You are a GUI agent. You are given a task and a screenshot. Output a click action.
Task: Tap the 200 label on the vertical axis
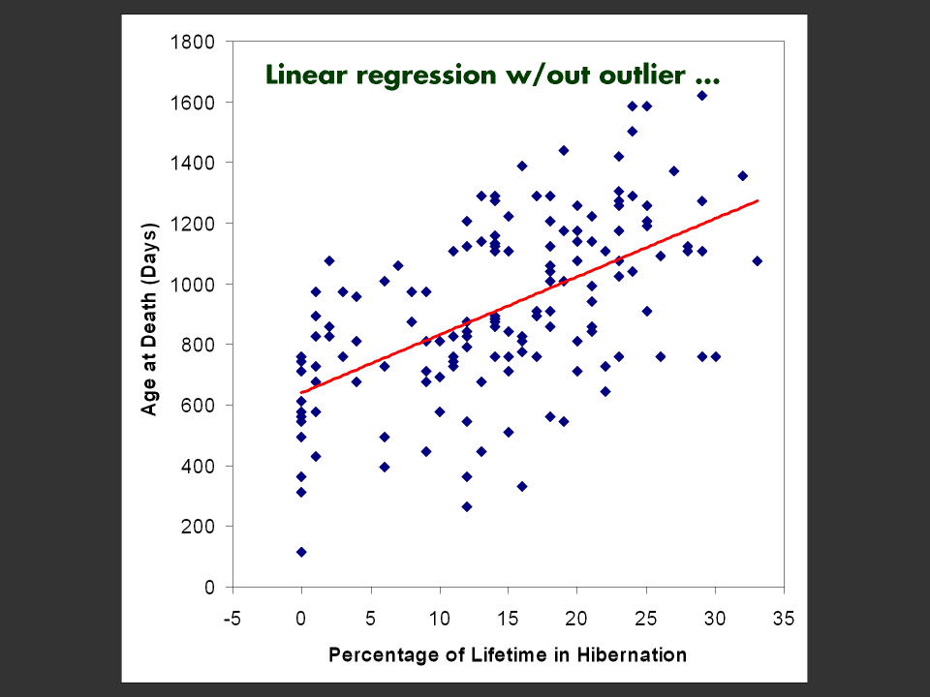pyautogui.click(x=203, y=527)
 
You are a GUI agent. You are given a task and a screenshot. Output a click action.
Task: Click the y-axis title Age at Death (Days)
pyautogui.click(x=150, y=315)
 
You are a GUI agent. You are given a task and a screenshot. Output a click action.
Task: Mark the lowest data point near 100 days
pyautogui.click(x=301, y=552)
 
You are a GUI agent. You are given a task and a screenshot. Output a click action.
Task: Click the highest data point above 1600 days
pyautogui.click(x=701, y=96)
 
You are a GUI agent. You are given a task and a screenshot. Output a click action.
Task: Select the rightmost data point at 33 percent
pyautogui.click(x=757, y=261)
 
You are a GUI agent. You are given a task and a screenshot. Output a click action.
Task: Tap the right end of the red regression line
pyautogui.click(x=758, y=200)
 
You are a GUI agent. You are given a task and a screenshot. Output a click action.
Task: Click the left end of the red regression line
pyautogui.click(x=301, y=393)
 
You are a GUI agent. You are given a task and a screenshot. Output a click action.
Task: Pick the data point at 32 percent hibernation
pyautogui.click(x=743, y=176)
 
